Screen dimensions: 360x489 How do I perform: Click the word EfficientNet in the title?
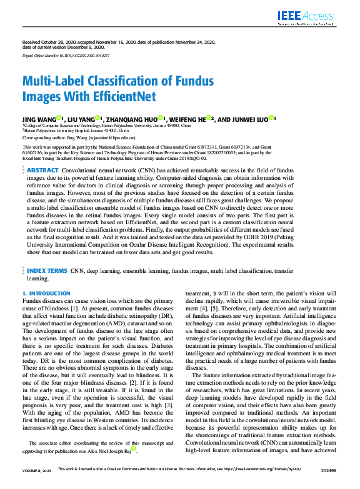tap(117, 97)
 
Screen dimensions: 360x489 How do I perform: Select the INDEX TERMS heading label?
tap(47, 272)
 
